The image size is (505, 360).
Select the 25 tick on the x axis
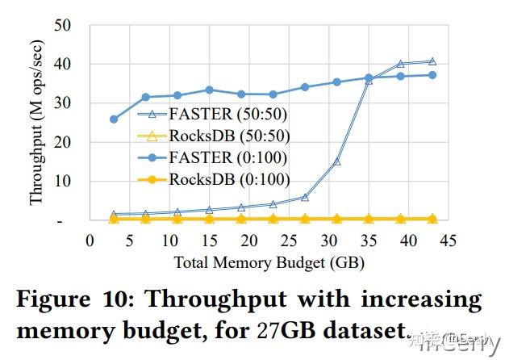coord(289,241)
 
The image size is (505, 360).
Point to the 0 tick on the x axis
coord(90,241)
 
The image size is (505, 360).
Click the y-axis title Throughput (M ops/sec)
coord(37,123)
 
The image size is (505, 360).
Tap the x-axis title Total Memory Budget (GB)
coord(268,263)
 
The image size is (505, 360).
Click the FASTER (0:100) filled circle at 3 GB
coord(114,119)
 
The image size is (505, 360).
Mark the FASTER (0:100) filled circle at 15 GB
coord(209,90)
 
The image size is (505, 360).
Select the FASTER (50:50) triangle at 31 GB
coord(336,161)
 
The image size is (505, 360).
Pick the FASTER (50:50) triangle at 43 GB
coord(432,61)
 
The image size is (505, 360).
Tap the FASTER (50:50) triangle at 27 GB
coord(305,197)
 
